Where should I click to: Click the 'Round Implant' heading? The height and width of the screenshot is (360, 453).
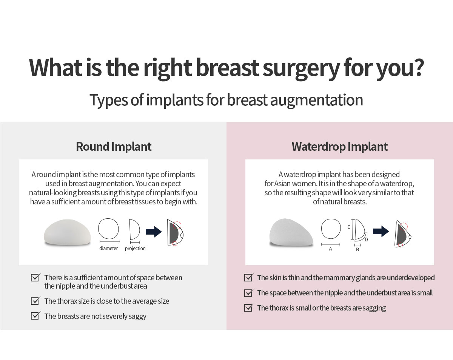114,147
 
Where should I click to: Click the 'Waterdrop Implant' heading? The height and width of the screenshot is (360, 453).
339,147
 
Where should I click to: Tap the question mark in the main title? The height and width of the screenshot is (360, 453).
418,67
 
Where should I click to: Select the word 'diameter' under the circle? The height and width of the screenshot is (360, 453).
108,248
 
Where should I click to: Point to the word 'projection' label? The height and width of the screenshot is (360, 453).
135,249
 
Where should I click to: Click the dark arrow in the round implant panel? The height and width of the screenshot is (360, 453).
154,232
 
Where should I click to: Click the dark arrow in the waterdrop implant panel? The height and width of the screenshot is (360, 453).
381,232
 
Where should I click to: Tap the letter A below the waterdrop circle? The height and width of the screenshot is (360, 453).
330,249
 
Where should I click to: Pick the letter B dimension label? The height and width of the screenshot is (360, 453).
357,250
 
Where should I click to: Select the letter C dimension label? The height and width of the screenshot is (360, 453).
349,227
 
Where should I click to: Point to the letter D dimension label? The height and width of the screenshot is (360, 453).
366,239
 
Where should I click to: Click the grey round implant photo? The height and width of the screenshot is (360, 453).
67,232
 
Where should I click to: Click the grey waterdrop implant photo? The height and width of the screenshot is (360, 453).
291,232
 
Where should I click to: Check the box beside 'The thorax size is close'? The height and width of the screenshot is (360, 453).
35,301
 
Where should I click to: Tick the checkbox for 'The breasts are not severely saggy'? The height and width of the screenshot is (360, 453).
35,316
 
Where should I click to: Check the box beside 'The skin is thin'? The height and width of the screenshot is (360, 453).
248,277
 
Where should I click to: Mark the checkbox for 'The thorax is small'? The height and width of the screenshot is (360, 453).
248,307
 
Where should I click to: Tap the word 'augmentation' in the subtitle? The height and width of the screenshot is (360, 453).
317,100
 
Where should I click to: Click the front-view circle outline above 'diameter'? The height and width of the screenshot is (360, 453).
98,229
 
